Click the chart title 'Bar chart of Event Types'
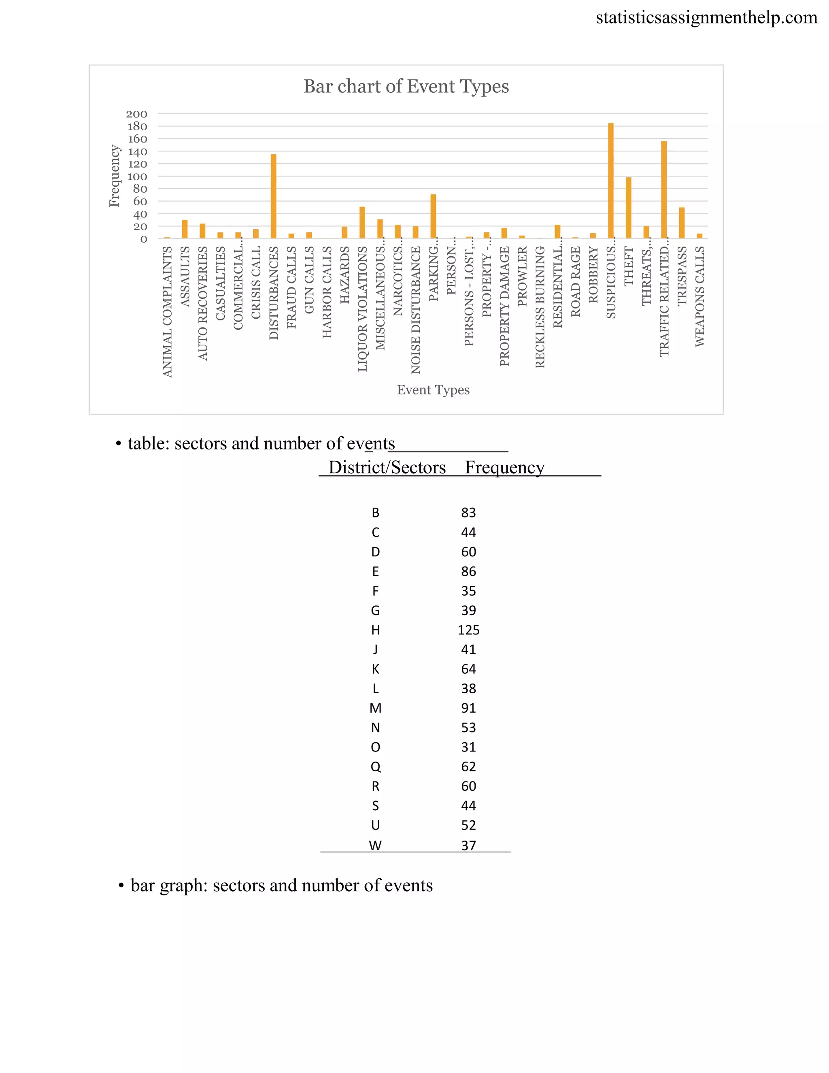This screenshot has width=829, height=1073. point(406,87)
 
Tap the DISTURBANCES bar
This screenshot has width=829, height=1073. point(274,196)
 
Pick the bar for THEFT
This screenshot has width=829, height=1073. point(629,208)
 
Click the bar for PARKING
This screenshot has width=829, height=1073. point(433,216)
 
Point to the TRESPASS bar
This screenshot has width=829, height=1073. point(682,223)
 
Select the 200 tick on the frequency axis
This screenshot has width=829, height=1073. point(136,114)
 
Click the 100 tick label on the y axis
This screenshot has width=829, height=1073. point(137,177)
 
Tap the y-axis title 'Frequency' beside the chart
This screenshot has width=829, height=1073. point(115,176)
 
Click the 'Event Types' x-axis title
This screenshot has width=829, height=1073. point(433,390)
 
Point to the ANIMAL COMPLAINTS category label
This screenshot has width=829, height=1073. point(168,312)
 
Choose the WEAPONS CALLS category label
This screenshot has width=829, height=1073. point(700,297)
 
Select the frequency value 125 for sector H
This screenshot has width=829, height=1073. point(468,630)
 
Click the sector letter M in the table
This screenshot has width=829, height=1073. point(375,708)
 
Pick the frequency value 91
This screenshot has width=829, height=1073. point(468,708)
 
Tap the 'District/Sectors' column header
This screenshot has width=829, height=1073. point(387,467)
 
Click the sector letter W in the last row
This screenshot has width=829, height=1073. point(375,845)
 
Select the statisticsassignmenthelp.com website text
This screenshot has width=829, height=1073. point(706,18)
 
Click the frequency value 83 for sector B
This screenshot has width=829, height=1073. point(468,513)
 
